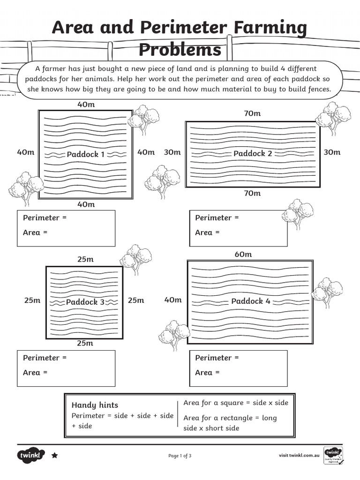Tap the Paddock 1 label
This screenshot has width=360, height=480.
pos(86,154)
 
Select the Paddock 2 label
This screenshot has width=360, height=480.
pos(253,153)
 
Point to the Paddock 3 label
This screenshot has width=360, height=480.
pos(85,302)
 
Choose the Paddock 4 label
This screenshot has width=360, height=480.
pos(251,301)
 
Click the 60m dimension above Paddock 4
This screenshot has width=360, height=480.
pos(243,254)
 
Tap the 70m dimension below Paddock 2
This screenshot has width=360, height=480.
pos(252,193)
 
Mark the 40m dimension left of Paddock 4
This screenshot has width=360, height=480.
pos(172,300)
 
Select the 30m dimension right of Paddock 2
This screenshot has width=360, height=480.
pos(332,152)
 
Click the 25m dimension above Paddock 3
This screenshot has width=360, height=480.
pos(85,259)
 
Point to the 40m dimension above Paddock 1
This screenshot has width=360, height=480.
pos(86,105)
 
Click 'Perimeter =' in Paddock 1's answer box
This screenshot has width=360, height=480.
pos(45,217)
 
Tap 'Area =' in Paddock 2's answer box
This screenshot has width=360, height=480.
pos(207,232)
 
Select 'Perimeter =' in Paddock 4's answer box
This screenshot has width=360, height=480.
pos(217,358)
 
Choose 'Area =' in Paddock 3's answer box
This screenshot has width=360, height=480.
pos(35,373)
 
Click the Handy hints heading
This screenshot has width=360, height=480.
pos(95,405)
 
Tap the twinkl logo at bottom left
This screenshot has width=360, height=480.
pos(31,455)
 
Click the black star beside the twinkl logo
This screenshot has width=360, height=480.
pos(54,455)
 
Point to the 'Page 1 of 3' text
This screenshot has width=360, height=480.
pos(180,456)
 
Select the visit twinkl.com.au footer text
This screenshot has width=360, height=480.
pos(299,455)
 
